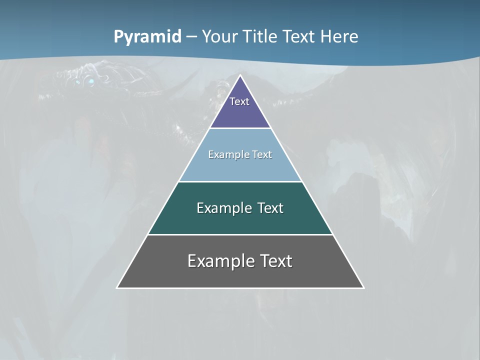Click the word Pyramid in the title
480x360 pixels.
(147, 37)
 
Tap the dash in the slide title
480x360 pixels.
(191, 37)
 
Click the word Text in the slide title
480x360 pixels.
(298, 37)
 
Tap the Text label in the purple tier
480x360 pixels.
(239, 101)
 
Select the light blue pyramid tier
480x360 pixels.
(240, 167)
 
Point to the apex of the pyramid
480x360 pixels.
(240, 75)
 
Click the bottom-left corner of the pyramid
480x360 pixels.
(117, 287)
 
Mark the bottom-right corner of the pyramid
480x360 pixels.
(363, 287)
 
